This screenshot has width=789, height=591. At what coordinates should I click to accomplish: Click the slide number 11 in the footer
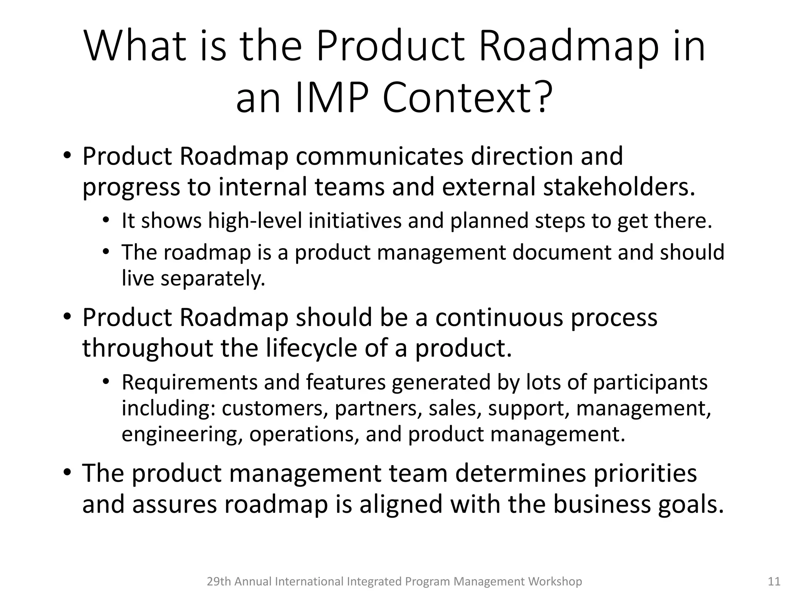[x=774, y=581]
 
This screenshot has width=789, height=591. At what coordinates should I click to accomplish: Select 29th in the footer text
[x=219, y=581]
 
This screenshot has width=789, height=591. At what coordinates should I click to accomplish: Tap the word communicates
[x=379, y=156]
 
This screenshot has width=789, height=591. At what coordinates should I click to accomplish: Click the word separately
[x=213, y=279]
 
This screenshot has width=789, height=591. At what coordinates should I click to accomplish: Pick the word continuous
[x=499, y=317]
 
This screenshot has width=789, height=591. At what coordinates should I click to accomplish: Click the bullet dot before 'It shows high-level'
[x=106, y=220]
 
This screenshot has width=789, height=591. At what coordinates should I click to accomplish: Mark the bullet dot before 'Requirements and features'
[x=106, y=382]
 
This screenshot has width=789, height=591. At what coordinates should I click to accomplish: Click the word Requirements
[x=189, y=382]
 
